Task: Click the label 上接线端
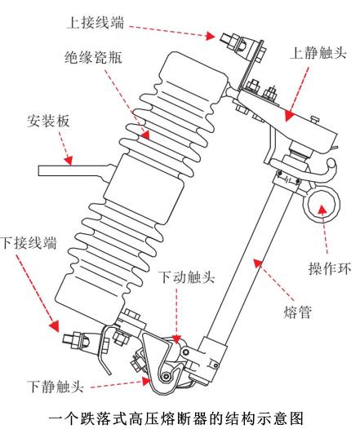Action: tap(96, 23)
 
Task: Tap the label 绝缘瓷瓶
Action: tap(93, 57)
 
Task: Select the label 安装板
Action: tap(48, 121)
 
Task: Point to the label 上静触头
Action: tap(318, 53)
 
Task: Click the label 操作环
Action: tap(330, 268)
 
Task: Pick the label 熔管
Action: tap(298, 312)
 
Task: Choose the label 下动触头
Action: tap(186, 277)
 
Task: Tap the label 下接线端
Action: tap(29, 243)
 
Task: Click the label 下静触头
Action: tap(56, 387)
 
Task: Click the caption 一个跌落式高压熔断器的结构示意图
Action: tap(176, 418)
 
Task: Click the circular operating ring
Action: tap(335, 205)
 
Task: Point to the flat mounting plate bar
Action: tap(74, 170)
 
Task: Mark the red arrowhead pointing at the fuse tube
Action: tap(257, 263)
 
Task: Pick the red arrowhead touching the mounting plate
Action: tap(69, 161)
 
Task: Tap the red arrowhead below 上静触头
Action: tap(289, 116)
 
